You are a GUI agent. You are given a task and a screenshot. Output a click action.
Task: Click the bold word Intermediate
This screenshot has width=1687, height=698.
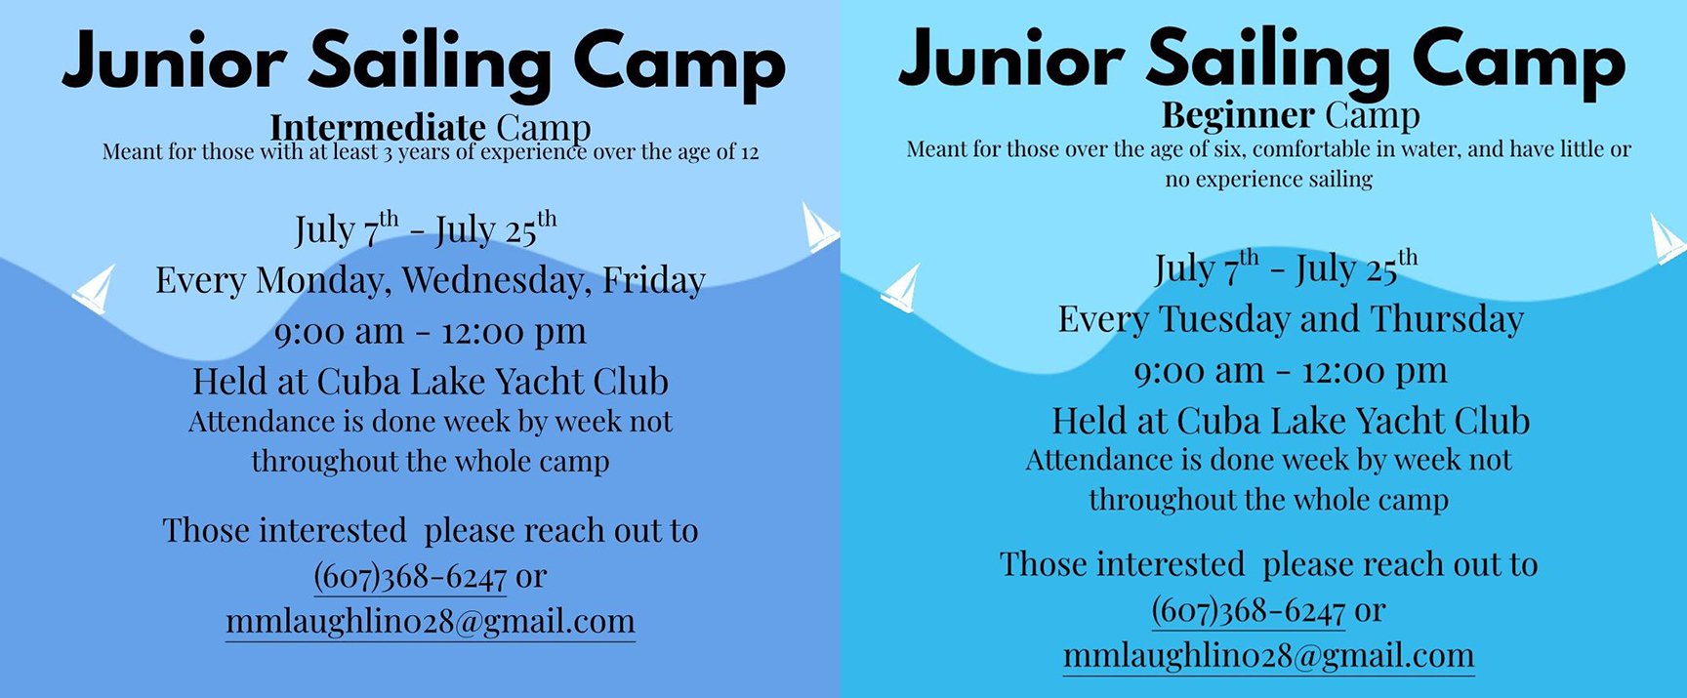(377, 127)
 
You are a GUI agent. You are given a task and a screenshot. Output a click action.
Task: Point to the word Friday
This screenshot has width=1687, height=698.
(654, 281)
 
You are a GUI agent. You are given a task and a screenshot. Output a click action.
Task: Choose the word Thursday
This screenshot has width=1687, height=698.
(1447, 319)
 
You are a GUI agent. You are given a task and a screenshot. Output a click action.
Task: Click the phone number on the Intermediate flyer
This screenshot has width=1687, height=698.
(410, 577)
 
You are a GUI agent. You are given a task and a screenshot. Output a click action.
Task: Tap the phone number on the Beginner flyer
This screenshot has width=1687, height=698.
(1249, 611)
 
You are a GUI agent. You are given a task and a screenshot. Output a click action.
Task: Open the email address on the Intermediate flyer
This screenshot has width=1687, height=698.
(431, 622)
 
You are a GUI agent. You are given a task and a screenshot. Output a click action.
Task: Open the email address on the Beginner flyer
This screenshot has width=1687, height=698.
(1269, 656)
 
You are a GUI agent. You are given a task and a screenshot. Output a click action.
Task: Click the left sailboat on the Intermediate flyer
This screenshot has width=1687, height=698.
(95, 289)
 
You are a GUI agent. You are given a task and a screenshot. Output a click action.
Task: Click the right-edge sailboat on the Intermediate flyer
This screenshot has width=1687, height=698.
(818, 227)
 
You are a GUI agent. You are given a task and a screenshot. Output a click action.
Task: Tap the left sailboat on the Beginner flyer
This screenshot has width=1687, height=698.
(901, 288)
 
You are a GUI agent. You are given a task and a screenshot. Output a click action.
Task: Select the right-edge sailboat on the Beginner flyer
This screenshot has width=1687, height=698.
(1666, 239)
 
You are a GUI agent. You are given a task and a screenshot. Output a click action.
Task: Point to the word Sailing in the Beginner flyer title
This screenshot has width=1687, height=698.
(1269, 62)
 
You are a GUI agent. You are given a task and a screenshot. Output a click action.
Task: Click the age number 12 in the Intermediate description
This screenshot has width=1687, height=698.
(749, 152)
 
